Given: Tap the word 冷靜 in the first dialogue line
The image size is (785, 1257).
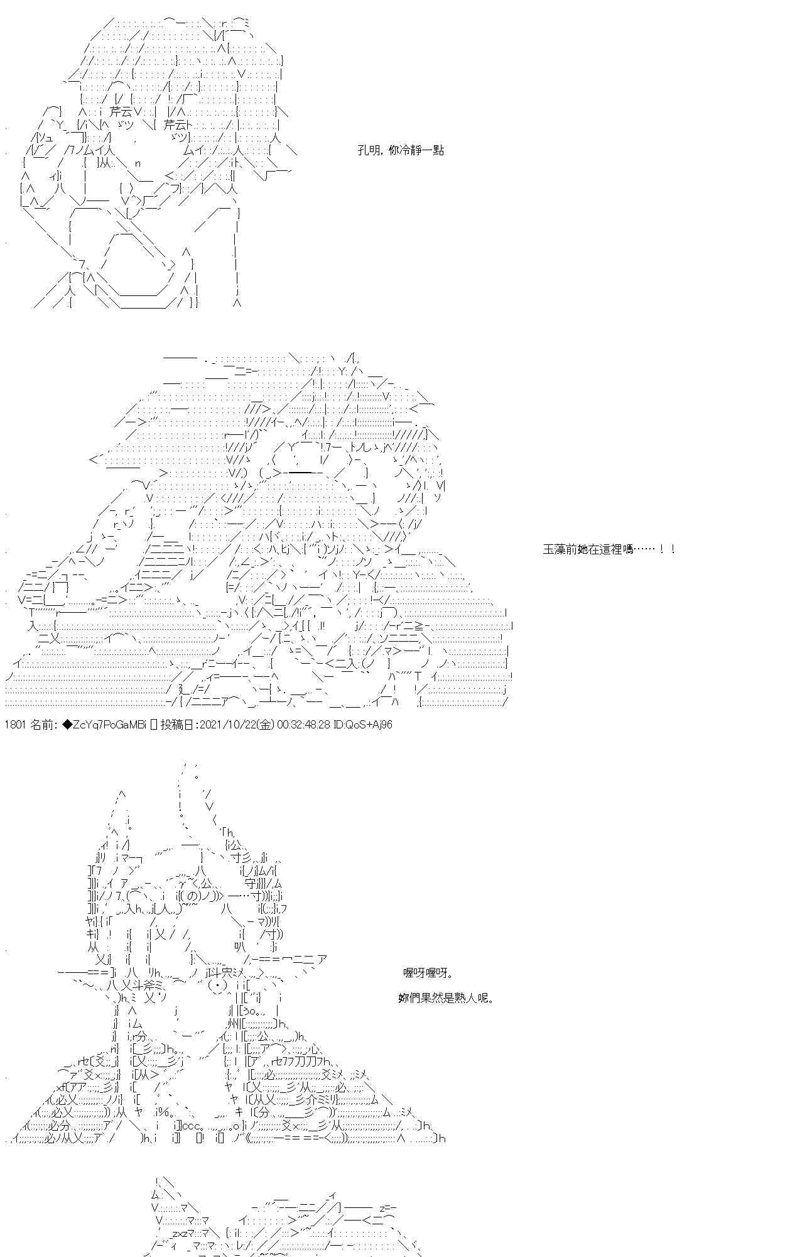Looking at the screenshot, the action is tap(409, 151).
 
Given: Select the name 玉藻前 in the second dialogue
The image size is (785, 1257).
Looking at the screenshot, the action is tap(558, 549).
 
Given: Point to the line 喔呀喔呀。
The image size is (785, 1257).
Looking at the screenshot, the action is tap(427, 973).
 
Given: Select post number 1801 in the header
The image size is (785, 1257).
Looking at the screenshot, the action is tap(15, 725).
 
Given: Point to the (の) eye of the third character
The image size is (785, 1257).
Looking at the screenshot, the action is tap(201, 896).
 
